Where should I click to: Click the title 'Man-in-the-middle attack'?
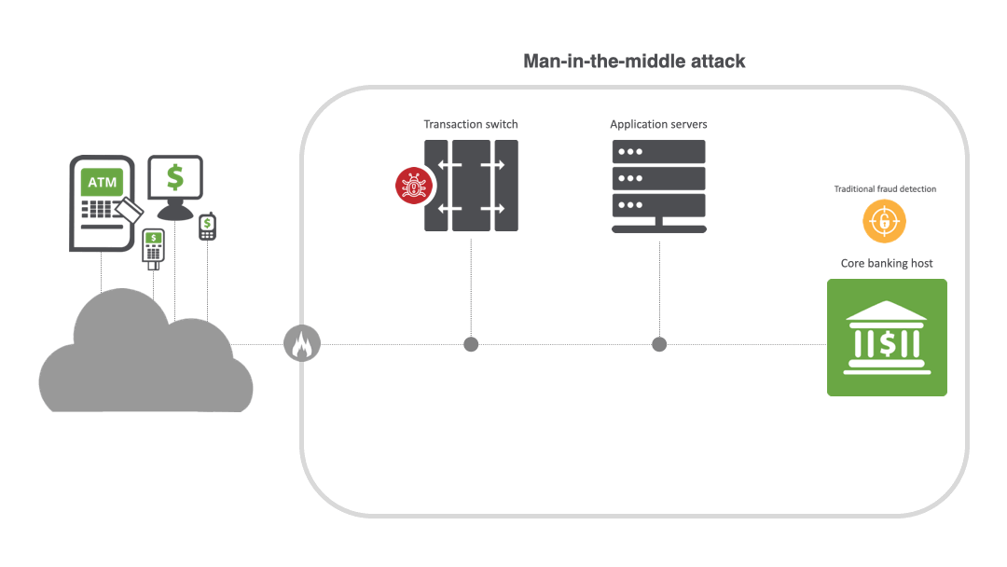click(634, 62)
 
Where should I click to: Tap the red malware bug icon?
click(412, 186)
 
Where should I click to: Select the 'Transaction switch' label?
click(471, 124)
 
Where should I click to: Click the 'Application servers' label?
click(658, 124)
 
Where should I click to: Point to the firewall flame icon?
click(301, 345)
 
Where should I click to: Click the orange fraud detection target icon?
click(884, 222)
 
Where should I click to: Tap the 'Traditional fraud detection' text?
click(885, 189)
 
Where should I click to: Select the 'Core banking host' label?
click(887, 263)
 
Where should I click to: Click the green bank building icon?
click(887, 338)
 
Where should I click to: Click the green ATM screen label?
click(103, 182)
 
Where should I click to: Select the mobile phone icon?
click(207, 227)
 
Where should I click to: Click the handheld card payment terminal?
click(153, 247)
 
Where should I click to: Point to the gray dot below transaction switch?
click(471, 345)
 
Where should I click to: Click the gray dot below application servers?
click(659, 345)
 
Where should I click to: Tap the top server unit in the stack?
click(658, 152)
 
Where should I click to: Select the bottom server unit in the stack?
click(658, 204)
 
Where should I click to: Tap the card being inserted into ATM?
click(131, 210)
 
